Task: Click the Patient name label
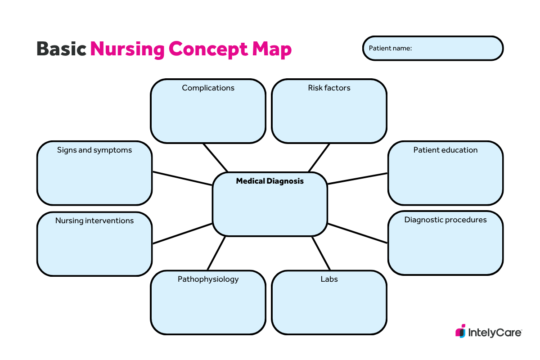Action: tap(390, 48)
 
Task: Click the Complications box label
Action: tap(208, 88)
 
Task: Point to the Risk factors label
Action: tap(329, 88)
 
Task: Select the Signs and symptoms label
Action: tap(94, 150)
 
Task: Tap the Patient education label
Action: tap(445, 150)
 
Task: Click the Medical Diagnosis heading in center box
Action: tap(270, 181)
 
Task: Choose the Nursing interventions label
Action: tap(94, 220)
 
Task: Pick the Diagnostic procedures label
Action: tap(445, 220)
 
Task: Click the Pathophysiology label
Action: tap(208, 279)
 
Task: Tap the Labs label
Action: tap(329, 279)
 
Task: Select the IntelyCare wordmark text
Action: tap(495, 333)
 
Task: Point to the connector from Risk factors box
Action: tap(319, 157)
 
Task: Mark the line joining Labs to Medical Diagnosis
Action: tap(322, 253)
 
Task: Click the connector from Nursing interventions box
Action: tap(182, 233)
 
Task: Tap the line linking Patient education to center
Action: tap(358, 178)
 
